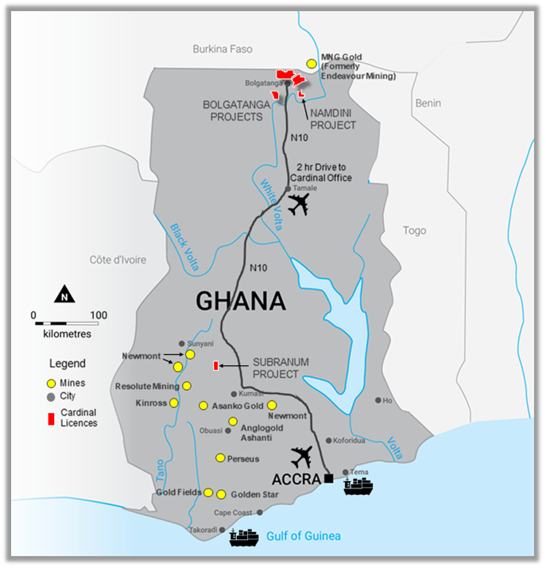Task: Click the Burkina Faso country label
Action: point(223,49)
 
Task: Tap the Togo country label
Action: point(414,231)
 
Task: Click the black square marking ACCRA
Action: point(327,479)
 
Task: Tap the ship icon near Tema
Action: point(358,486)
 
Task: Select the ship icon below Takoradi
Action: point(244,538)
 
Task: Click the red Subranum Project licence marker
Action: point(215,366)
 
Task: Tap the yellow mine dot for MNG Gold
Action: point(312,63)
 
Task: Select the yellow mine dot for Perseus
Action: point(220,458)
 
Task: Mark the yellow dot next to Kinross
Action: point(174,403)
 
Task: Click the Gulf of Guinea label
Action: point(303,536)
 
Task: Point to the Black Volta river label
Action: point(184,247)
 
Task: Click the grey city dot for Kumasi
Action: point(234,394)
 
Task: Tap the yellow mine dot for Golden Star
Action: point(222,494)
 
